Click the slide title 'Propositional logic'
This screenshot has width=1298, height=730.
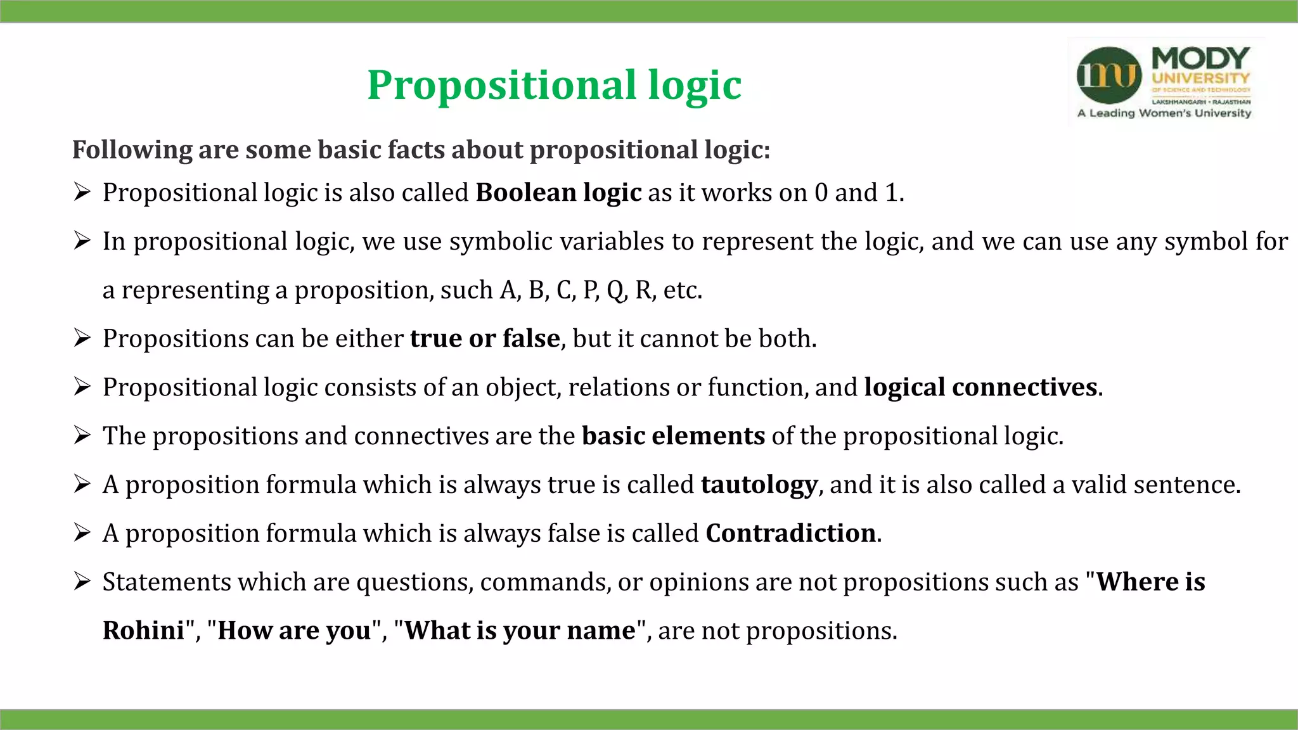(554, 85)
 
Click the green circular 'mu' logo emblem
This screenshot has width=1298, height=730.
(1109, 75)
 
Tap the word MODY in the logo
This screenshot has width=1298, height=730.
(1200, 58)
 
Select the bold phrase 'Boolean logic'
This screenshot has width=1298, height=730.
(558, 193)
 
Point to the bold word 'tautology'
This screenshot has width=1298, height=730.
(759, 485)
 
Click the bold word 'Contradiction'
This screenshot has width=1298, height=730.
(790, 534)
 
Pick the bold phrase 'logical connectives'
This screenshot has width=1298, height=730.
(980, 387)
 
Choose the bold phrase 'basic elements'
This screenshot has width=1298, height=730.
(673, 436)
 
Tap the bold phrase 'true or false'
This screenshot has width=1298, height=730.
(485, 338)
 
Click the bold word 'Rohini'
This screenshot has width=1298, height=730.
(143, 631)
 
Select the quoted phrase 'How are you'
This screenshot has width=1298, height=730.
(294, 631)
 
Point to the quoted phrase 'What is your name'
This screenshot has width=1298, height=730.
(520, 631)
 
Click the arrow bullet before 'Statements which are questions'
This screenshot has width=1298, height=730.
(82, 580)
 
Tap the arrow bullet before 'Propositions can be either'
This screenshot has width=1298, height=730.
(82, 337)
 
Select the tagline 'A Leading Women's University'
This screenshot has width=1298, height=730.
(1164, 113)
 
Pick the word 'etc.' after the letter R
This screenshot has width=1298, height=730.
(683, 290)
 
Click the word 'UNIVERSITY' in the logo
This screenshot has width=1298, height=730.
(1200, 79)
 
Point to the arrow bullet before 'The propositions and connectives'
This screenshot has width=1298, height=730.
(82, 435)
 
